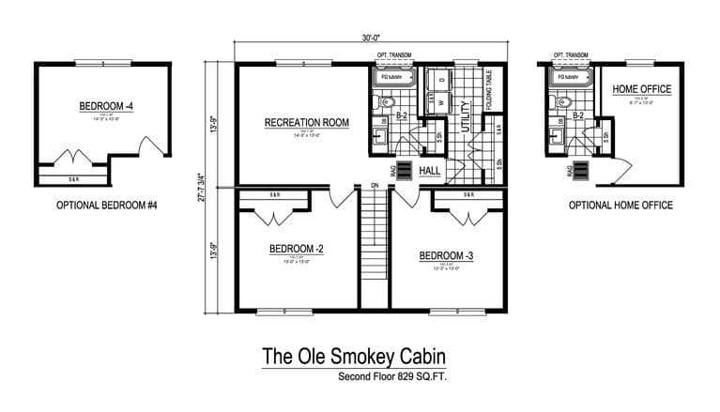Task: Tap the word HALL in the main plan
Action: pyautogui.click(x=430, y=170)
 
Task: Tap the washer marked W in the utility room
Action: pyautogui.click(x=439, y=104)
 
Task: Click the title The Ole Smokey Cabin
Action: pyautogui.click(x=353, y=357)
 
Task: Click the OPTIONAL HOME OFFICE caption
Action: pyautogui.click(x=620, y=205)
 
